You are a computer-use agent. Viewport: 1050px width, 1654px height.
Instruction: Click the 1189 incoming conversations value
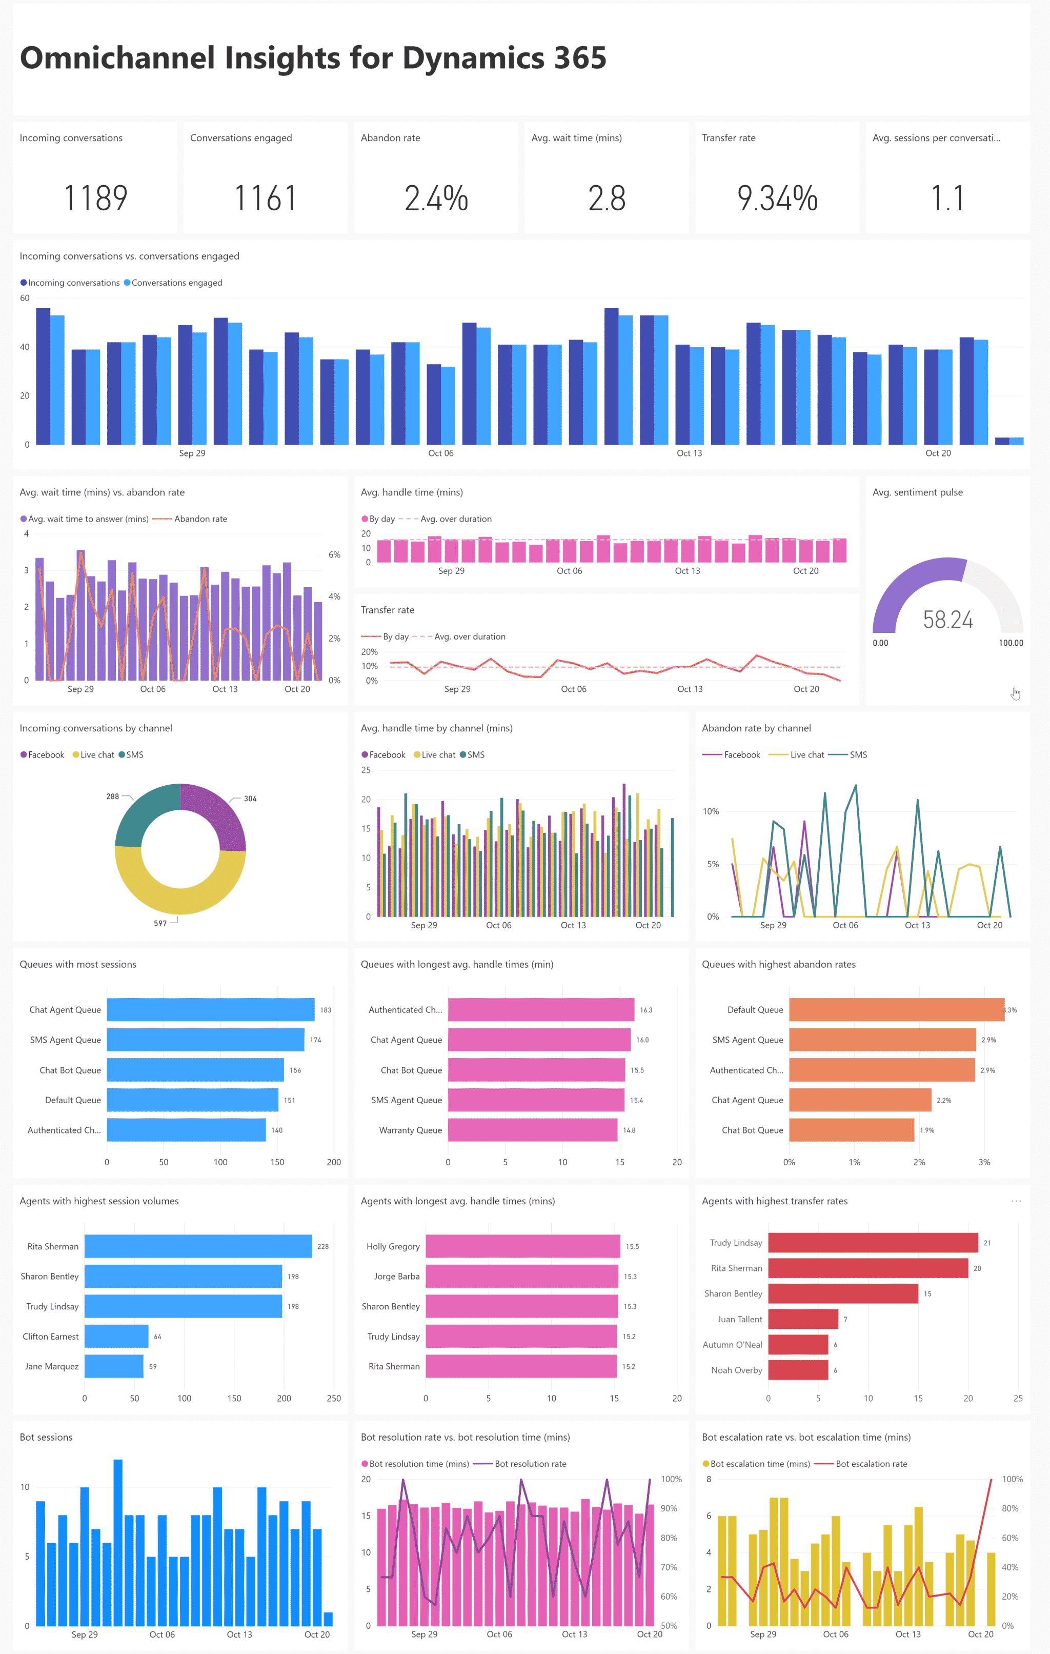point(95,198)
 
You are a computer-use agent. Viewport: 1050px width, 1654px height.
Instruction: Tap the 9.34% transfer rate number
point(777,198)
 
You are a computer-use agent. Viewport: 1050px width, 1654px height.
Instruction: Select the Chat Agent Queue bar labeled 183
point(210,1010)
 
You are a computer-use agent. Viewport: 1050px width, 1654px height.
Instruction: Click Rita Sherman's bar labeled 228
point(198,1246)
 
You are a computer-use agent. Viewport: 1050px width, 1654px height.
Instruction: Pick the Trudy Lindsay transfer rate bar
point(872,1243)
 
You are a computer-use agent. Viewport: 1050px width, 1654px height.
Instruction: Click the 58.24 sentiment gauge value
point(947,620)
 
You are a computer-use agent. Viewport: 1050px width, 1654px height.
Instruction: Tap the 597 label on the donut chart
point(160,923)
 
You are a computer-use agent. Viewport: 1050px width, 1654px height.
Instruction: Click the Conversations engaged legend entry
point(176,283)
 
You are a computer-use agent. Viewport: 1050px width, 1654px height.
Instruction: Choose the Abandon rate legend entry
point(200,519)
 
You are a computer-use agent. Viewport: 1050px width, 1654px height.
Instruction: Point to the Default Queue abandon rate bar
point(896,1010)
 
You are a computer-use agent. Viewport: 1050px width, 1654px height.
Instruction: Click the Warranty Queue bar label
point(410,1130)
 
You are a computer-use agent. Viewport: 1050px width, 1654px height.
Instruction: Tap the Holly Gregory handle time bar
point(522,1246)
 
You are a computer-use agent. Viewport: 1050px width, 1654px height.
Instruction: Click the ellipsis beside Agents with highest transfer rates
point(1016,1201)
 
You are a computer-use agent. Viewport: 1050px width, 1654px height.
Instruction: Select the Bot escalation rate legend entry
point(871,1464)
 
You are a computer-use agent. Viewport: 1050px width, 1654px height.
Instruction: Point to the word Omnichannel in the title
point(117,58)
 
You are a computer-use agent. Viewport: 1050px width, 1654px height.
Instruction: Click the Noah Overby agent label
point(736,1370)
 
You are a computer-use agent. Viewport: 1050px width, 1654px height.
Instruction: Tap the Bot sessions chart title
point(46,1437)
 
